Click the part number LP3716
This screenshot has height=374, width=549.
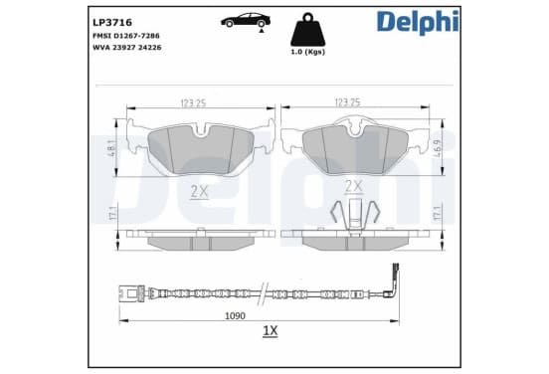coord(112,23)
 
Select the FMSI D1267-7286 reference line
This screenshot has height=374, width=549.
coord(126,36)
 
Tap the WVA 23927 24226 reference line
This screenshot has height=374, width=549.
coord(127,48)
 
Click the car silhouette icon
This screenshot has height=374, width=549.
coord(246,20)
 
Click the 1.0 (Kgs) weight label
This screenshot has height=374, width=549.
coord(308,52)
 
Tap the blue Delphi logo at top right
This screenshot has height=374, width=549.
coord(418,22)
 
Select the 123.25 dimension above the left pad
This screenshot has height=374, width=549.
coord(193,103)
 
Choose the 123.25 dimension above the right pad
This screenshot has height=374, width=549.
coord(348,102)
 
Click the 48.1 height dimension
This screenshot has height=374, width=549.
coord(113,148)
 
